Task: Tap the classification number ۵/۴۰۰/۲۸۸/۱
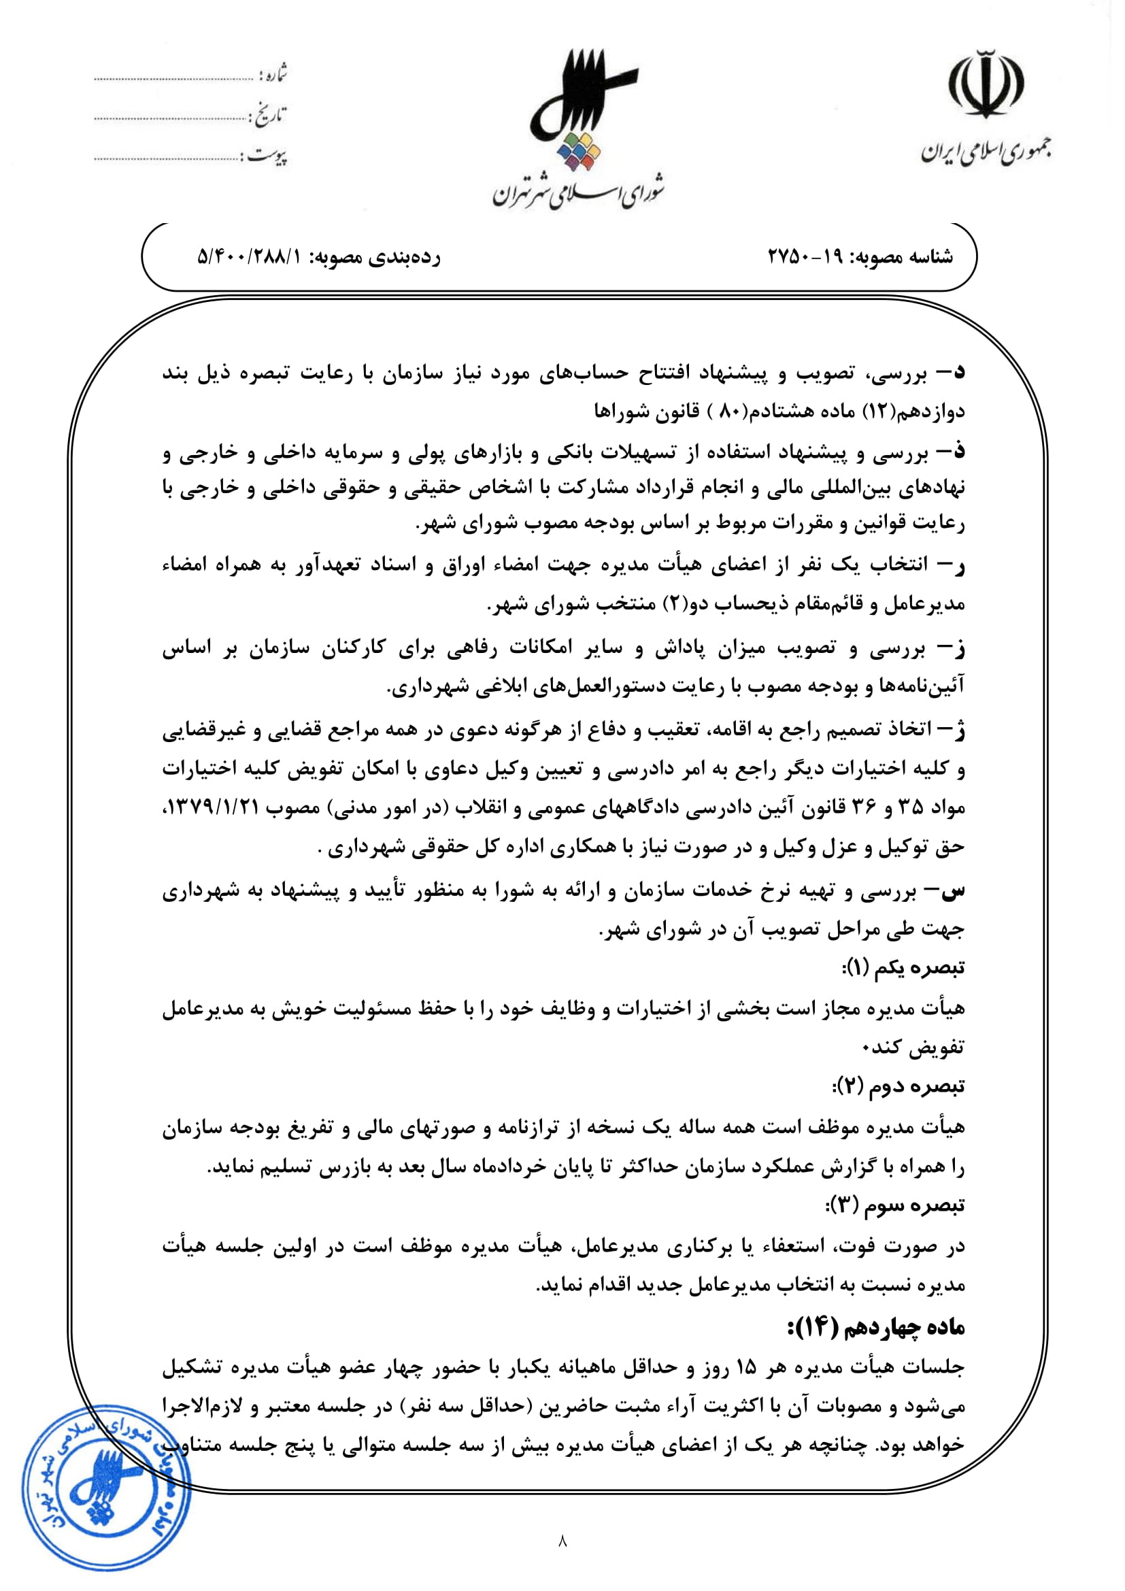250,257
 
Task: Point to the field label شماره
274,74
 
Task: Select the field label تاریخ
269,115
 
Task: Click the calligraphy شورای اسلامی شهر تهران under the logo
578,194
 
